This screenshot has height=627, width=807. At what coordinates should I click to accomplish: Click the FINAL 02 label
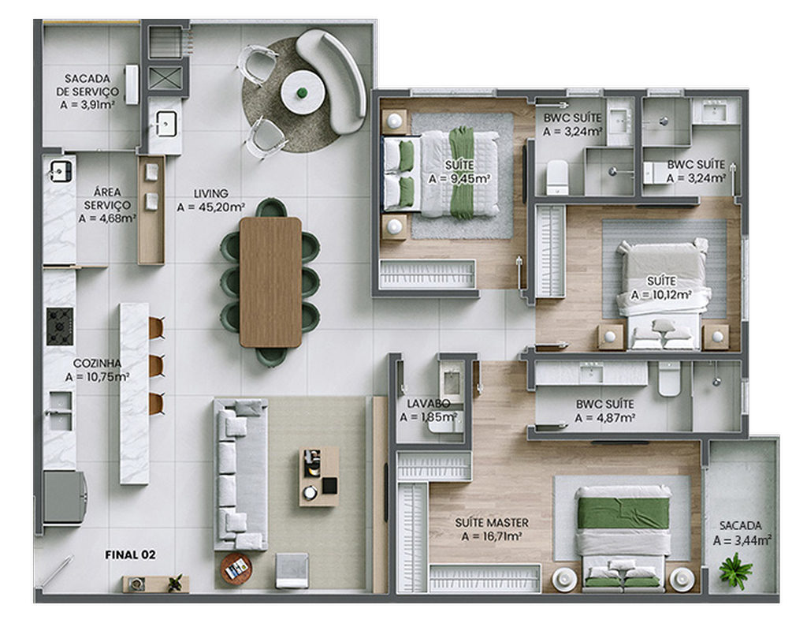point(130,555)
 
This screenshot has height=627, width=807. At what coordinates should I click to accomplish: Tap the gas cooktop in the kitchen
point(60,327)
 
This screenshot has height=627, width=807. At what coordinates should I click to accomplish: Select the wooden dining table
point(270,282)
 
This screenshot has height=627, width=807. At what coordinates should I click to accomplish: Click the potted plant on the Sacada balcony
point(735,569)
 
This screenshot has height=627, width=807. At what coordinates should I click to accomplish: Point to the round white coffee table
point(302,93)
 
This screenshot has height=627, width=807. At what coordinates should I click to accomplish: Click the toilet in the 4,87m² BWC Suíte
point(669,379)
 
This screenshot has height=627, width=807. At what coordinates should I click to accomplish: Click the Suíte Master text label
point(492,523)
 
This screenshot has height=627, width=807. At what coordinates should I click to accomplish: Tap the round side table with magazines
point(236,569)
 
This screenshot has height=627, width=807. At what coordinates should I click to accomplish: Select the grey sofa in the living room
point(240,475)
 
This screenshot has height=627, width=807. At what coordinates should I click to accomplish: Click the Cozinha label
point(97,364)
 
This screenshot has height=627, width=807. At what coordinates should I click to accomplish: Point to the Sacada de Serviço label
point(87,85)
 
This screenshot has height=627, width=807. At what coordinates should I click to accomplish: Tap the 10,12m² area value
point(661,295)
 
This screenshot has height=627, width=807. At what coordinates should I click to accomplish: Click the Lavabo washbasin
point(452,382)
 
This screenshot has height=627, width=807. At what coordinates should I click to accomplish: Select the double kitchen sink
point(60,411)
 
